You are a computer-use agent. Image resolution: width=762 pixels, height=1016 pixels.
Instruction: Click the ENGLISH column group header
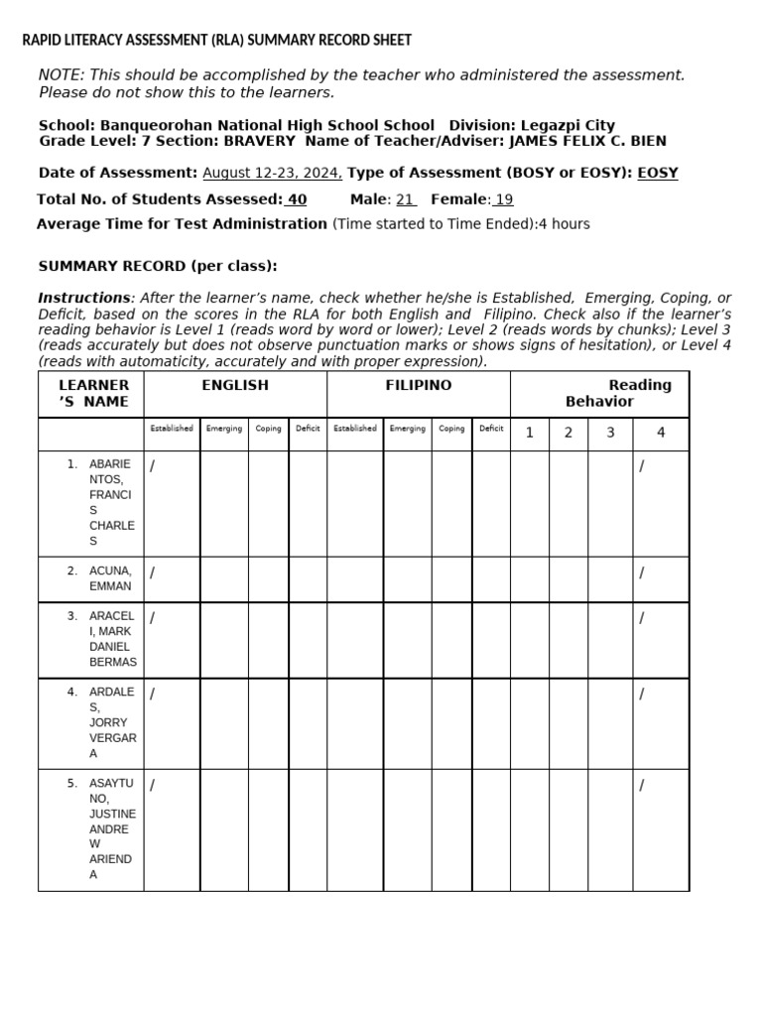235,385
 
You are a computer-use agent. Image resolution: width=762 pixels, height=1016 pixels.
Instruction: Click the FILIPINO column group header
419,385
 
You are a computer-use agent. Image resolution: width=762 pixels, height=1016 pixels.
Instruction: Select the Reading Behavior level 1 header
530,433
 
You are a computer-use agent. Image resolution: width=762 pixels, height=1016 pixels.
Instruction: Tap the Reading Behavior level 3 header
610,433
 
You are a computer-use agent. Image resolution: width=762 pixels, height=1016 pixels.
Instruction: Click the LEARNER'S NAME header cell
93,393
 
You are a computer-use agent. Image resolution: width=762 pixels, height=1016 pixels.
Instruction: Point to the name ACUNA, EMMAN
110,578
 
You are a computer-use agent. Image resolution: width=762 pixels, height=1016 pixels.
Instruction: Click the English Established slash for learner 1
153,466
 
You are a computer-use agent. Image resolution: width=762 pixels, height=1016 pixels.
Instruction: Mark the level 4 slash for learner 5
642,786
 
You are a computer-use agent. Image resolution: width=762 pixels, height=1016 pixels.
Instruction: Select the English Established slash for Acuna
153,572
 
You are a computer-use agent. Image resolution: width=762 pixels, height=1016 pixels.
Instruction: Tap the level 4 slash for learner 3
642,618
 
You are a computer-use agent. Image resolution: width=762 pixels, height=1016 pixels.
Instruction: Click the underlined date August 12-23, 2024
272,173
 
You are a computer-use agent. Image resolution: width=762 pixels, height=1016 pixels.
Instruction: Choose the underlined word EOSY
658,173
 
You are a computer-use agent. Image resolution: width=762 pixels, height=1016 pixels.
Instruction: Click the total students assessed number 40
296,199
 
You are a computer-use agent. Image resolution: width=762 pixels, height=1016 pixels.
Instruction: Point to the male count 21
406,199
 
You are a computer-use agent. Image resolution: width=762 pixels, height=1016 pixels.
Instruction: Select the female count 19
503,199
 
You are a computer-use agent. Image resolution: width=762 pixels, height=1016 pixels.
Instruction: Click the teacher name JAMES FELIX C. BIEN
587,141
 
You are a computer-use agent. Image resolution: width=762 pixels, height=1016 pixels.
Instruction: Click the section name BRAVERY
259,141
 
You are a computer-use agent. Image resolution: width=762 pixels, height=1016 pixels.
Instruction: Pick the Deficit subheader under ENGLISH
308,429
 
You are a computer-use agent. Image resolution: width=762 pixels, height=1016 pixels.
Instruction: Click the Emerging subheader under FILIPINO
408,429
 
